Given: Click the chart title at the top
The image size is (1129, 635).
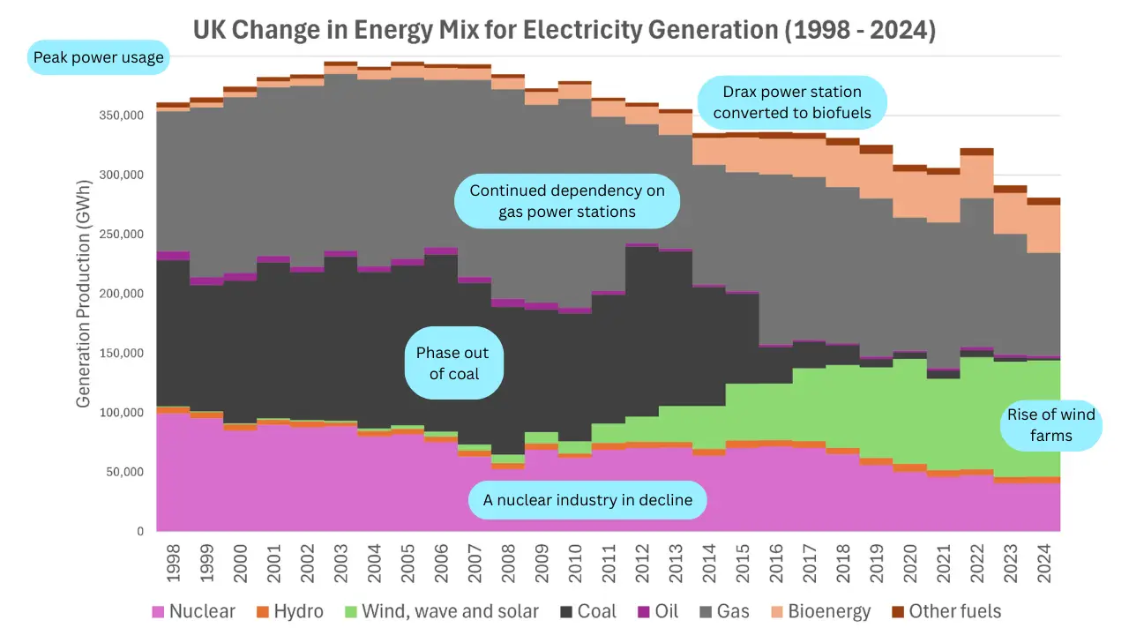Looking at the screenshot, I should pyautogui.click(x=564, y=31).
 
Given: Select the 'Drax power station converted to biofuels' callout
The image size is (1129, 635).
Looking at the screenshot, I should pyautogui.click(x=791, y=101).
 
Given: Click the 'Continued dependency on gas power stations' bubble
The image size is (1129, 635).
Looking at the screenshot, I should pyautogui.click(x=566, y=201).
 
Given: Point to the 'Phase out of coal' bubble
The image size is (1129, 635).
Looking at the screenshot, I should pyautogui.click(x=453, y=363).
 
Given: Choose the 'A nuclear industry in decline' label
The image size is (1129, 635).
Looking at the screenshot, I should pyautogui.click(x=587, y=500).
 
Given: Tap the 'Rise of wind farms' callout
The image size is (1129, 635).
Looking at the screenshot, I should pyautogui.click(x=1050, y=424).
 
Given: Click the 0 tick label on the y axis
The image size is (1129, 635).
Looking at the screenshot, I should pyautogui.click(x=140, y=532).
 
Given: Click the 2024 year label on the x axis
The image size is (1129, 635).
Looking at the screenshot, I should pyautogui.click(x=1043, y=562).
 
